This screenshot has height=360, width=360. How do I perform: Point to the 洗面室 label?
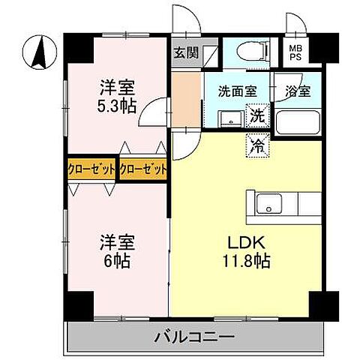237,92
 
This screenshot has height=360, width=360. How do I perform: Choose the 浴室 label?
298,92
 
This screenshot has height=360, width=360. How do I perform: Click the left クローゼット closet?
91,169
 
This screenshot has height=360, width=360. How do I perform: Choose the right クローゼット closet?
143,169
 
